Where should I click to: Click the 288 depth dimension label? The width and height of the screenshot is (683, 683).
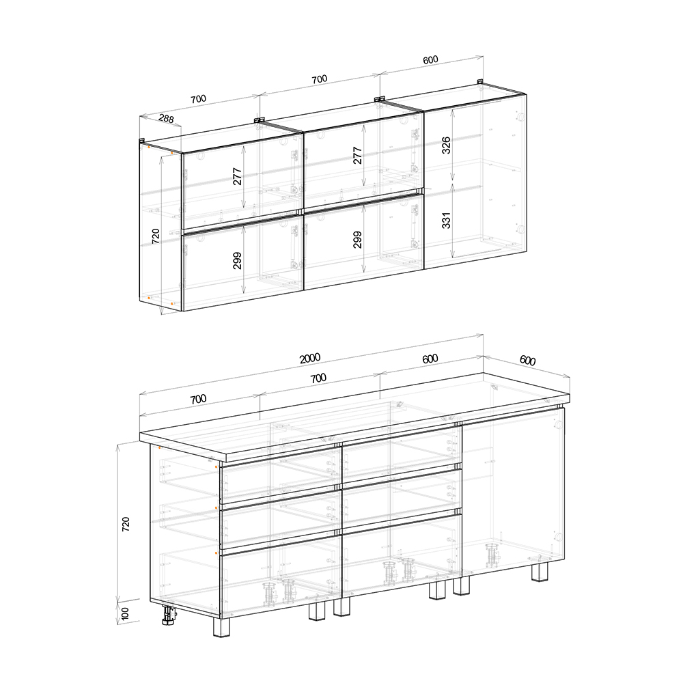pos(166,118)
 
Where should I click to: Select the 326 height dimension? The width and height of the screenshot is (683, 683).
pos(446,145)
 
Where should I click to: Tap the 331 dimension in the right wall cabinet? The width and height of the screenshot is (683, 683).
pos(446,221)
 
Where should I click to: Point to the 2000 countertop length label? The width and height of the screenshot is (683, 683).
pos(309,358)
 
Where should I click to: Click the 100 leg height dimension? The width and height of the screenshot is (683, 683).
pos(125,613)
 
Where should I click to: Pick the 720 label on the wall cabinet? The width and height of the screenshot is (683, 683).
pos(156,236)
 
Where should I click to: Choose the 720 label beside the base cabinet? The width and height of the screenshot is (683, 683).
pos(126,524)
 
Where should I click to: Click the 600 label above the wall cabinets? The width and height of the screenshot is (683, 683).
pos(430,59)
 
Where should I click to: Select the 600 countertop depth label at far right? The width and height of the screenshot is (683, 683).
pos(527,360)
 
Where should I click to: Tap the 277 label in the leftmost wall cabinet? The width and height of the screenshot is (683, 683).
pos(237,176)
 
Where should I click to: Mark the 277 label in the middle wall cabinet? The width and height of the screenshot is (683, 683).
pos(357,156)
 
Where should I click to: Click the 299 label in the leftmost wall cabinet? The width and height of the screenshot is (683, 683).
pos(237,260)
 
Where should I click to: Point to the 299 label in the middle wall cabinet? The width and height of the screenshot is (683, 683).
pos(357,240)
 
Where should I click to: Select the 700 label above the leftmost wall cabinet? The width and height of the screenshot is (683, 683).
pos(198,99)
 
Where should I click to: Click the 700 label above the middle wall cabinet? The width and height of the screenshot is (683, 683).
pos(319,79)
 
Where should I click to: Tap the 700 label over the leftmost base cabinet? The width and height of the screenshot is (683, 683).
pos(198,399)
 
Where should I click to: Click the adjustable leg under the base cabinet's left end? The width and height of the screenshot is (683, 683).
pos(169,614)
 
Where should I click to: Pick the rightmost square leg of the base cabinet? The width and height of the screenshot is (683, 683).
pos(540,572)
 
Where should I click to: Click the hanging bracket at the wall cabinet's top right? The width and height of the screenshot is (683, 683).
pos(479,81)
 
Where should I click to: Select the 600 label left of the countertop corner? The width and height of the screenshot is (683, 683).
pos(430,359)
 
